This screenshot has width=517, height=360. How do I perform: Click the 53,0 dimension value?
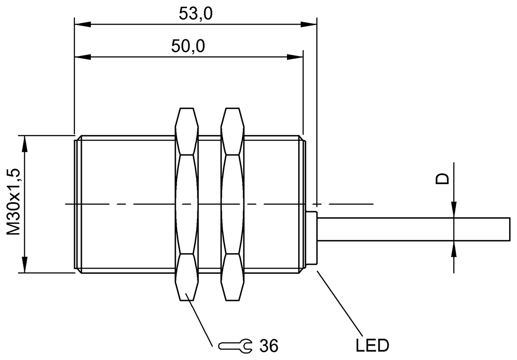tap(196, 14)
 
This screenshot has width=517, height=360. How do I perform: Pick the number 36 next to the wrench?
tap(269, 345)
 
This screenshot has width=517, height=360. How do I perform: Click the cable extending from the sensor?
tap(414, 229)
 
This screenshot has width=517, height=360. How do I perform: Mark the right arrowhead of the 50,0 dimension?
tap(297, 56)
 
